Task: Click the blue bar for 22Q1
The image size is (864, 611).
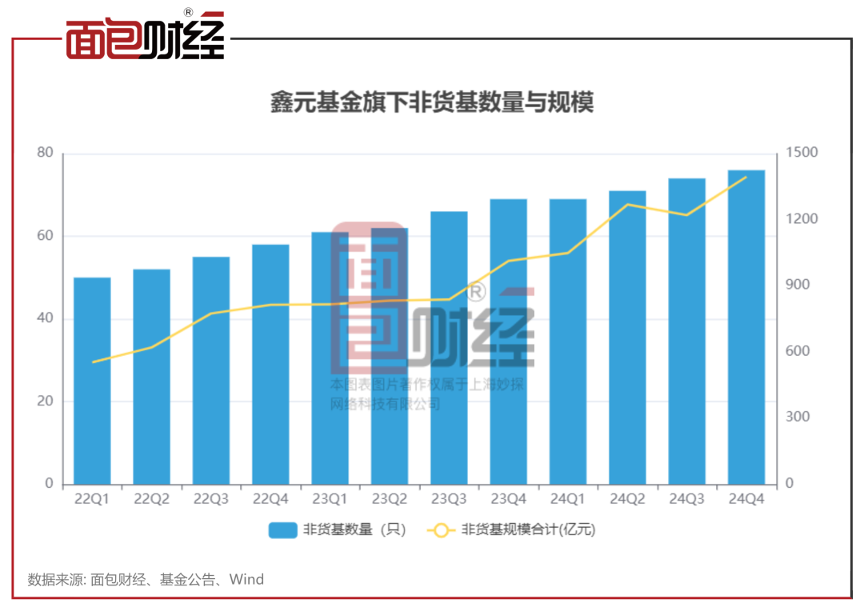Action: [x=92, y=381]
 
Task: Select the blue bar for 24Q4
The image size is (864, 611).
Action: [x=746, y=327]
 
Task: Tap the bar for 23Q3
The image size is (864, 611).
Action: [x=449, y=348]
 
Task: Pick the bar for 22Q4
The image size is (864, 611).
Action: [x=270, y=364]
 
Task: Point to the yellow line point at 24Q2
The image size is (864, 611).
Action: [x=628, y=205]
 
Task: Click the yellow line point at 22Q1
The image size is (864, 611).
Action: [x=93, y=362]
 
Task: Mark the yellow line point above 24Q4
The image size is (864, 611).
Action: [x=746, y=177]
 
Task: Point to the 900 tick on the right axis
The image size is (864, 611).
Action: [x=797, y=286]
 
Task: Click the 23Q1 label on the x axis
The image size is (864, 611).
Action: [x=330, y=499]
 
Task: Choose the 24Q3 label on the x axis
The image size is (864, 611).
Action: [x=687, y=499]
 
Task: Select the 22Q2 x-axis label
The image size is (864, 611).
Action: [x=151, y=499]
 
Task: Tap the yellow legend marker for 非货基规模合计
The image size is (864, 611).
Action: [x=442, y=530]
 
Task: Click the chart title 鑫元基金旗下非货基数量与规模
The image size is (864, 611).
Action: [x=432, y=104]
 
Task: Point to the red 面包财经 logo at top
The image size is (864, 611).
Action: [x=145, y=37]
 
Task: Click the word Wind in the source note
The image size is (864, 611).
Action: [x=246, y=579]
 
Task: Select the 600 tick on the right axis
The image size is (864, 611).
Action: [x=797, y=351]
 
